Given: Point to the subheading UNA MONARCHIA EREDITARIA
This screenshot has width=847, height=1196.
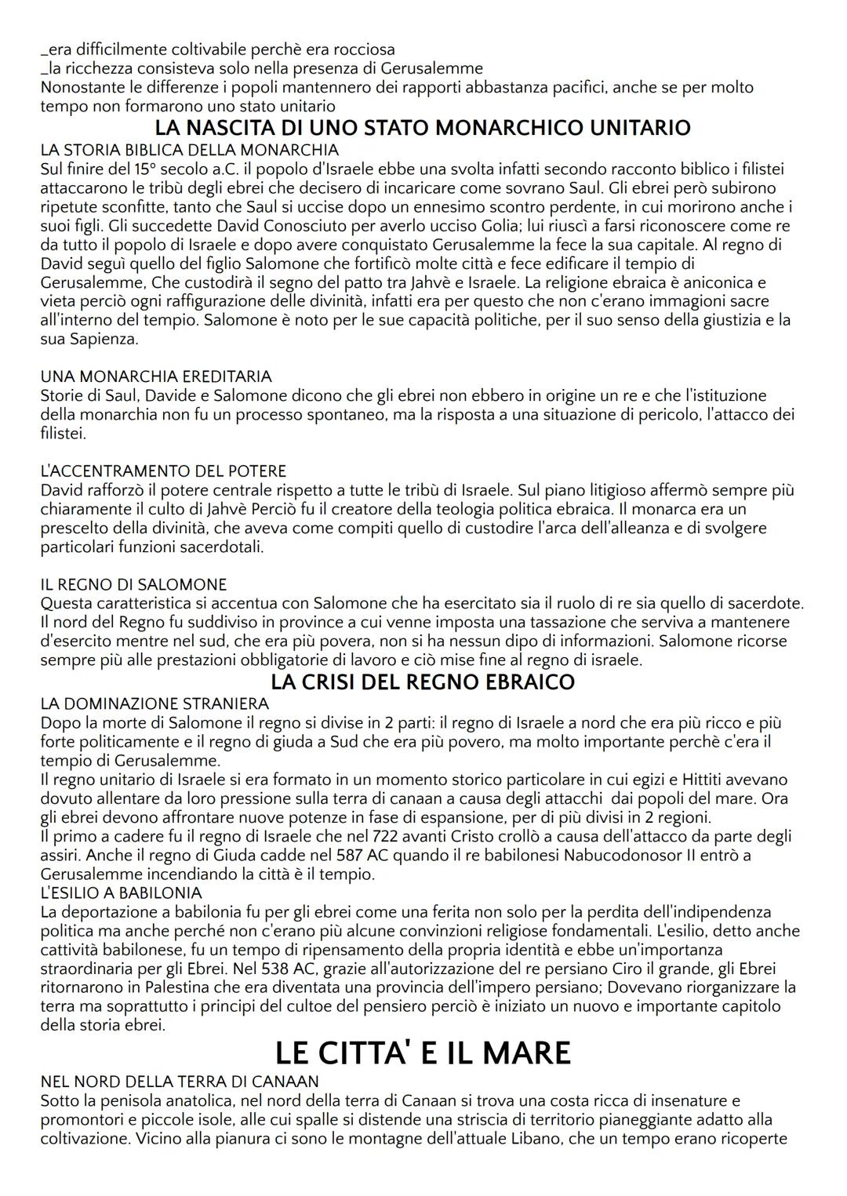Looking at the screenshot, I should tap(156, 376).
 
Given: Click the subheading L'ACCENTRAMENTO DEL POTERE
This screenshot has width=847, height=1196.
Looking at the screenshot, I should tap(163, 471).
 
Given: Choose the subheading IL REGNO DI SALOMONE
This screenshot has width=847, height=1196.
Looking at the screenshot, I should tap(133, 585).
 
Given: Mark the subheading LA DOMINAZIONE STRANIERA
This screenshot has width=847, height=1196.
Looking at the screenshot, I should tap(154, 703).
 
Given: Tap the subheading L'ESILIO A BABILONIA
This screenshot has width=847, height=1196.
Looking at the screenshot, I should tap(121, 892).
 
